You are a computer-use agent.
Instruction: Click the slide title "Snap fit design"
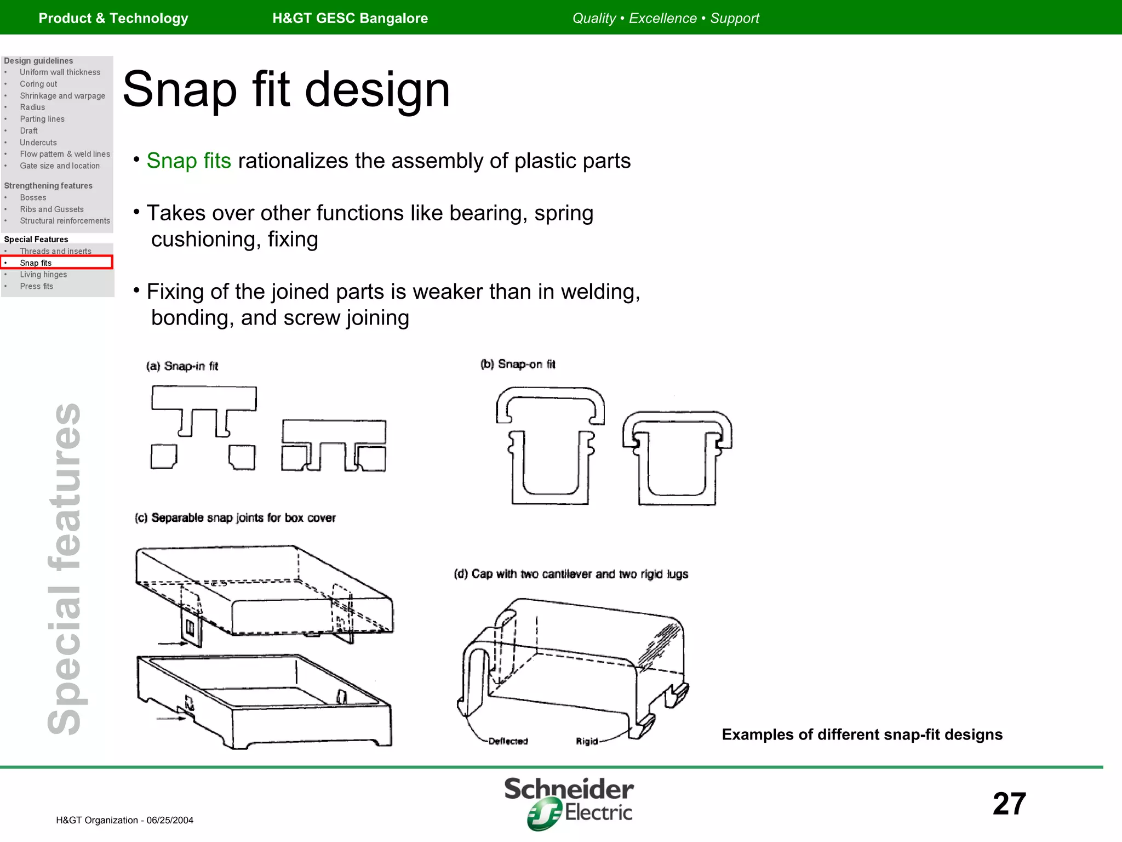tap(286, 90)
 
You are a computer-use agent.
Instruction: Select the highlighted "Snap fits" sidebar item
tap(36, 263)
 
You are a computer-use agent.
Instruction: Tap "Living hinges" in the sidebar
tap(43, 275)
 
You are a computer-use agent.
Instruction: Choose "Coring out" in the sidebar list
tap(38, 84)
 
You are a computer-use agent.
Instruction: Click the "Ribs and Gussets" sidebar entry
tap(51, 209)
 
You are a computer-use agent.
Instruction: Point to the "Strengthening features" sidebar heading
tap(48, 186)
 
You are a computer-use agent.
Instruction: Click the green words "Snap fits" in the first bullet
tap(188, 161)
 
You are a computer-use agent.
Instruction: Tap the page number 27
tap(1009, 804)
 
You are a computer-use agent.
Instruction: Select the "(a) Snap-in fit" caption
tap(182, 366)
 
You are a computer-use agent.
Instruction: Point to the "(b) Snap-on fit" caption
tap(518, 365)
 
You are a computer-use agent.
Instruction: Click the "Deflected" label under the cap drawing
tap(508, 741)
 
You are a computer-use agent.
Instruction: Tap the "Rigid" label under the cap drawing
tap(587, 741)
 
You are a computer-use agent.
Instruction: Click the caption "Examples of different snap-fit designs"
tap(862, 735)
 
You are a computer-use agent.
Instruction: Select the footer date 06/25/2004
tap(170, 820)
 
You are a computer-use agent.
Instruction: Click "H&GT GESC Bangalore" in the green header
tap(350, 18)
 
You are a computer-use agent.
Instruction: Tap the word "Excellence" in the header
tap(662, 18)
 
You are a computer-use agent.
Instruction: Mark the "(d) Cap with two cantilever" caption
tap(571, 574)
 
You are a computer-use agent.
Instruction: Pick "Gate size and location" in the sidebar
tap(60, 166)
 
